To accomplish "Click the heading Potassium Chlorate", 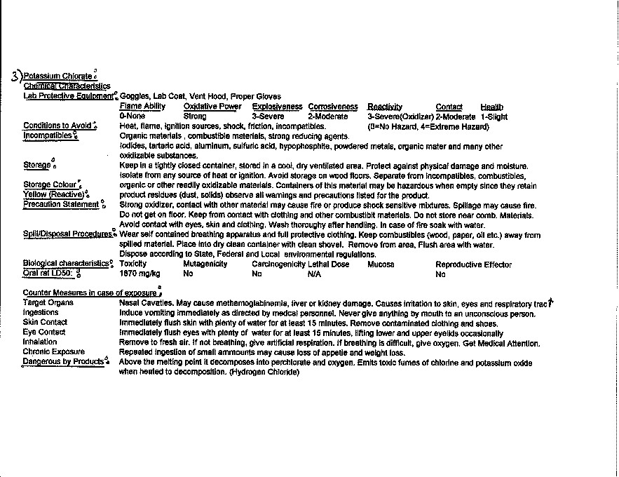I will (57, 76).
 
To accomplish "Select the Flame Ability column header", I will (142, 107).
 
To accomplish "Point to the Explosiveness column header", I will (277, 107).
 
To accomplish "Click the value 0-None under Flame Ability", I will (132, 116).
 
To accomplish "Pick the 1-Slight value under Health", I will (494, 116).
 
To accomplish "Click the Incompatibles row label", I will (48, 135).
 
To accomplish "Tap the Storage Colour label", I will (50, 185).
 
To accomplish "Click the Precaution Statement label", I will (61, 204).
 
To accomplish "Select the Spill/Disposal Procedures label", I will (67, 234).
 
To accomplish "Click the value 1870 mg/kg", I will (140, 274).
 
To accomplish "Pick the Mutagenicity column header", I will (205, 264).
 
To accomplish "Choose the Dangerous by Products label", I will (63, 361).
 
